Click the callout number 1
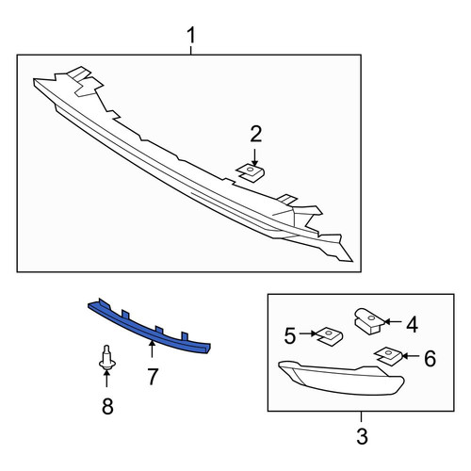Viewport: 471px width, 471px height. [x=191, y=35]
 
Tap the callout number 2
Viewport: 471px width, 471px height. [x=256, y=135]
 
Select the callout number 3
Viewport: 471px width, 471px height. [x=362, y=436]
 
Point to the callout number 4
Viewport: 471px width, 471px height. [x=412, y=324]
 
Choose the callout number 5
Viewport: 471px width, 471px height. [x=290, y=335]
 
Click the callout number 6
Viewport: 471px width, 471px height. [x=430, y=359]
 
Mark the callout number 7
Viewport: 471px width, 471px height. [x=153, y=377]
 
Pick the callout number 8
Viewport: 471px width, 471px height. [x=107, y=406]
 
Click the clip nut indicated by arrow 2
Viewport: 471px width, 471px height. [x=251, y=173]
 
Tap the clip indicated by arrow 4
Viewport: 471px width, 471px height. [x=368, y=321]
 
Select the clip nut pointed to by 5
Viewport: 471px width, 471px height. [x=329, y=336]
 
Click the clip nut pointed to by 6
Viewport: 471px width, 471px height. [x=388, y=356]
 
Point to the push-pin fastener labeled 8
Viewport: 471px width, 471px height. [x=106, y=358]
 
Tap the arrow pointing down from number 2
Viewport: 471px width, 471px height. [x=254, y=157]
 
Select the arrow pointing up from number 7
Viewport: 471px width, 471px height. [x=152, y=349]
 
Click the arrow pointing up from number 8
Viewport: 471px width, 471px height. [x=106, y=379]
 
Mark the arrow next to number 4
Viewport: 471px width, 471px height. [x=393, y=321]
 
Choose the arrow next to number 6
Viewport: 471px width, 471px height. [x=411, y=356]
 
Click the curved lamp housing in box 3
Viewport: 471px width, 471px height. [x=341, y=378]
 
